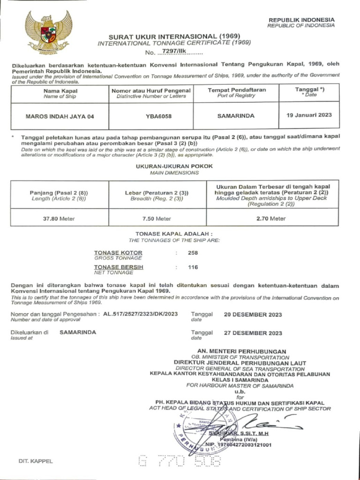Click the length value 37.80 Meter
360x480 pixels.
point(59,218)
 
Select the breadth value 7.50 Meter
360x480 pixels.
point(157,218)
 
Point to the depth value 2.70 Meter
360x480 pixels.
point(271,218)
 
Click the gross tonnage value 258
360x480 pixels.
point(193,253)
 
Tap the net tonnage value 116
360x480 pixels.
point(193,267)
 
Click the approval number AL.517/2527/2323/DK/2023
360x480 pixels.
point(140,314)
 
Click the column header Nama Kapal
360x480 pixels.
point(60,90)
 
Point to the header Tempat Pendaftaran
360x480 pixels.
point(236,90)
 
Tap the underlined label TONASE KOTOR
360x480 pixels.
point(118,253)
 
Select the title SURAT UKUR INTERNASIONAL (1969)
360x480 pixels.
point(174,37)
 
